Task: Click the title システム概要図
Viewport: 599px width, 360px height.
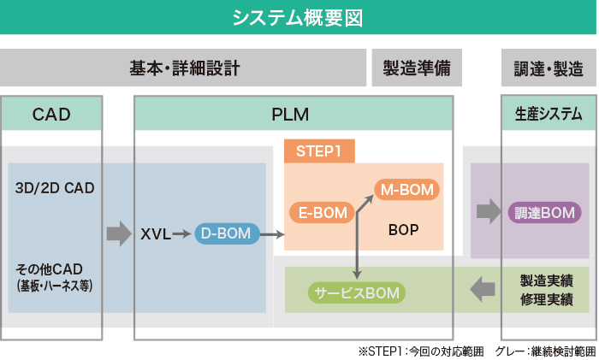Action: pyautogui.click(x=299, y=17)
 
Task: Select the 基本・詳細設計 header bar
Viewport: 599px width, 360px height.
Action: pyautogui.click(x=184, y=68)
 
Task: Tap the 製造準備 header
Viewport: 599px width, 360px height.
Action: pyautogui.click(x=417, y=68)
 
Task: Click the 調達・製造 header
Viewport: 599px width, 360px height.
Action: pyautogui.click(x=549, y=68)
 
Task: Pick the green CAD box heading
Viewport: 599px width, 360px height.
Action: pyautogui.click(x=51, y=114)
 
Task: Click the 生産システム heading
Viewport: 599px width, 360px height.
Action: pyautogui.click(x=549, y=114)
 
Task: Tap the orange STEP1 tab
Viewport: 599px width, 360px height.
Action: pyautogui.click(x=319, y=151)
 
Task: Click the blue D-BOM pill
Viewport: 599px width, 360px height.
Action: pyautogui.click(x=227, y=233)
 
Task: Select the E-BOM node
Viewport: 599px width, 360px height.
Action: pyautogui.click(x=322, y=212)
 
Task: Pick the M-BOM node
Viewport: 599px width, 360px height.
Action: pyautogui.click(x=406, y=189)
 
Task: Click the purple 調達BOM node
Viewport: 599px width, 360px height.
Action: pyautogui.click(x=545, y=212)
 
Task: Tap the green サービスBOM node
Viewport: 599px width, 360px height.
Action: pyautogui.click(x=357, y=293)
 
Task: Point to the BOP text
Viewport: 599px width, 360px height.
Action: pyautogui.click(x=403, y=230)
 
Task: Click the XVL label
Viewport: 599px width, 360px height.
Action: pyautogui.click(x=156, y=233)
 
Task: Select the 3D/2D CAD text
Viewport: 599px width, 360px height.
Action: pyautogui.click(x=55, y=187)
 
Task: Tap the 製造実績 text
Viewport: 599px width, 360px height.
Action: pyautogui.click(x=547, y=280)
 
